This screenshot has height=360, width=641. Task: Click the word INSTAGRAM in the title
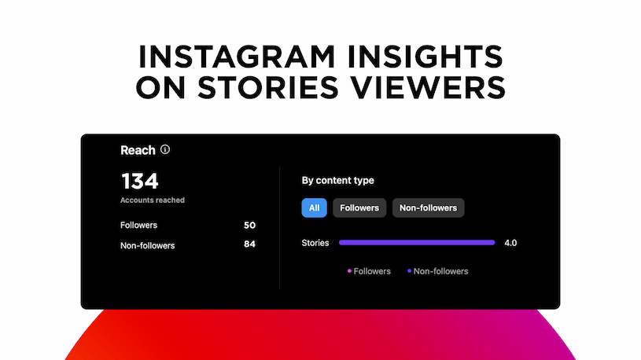(x=237, y=57)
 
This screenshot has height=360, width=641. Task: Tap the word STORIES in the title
(x=268, y=87)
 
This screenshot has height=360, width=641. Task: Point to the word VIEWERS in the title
(x=429, y=87)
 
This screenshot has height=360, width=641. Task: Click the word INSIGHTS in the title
(x=425, y=57)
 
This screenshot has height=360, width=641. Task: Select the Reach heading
(x=138, y=150)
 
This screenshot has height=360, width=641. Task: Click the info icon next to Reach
(x=164, y=149)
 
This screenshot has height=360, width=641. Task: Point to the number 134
(x=140, y=181)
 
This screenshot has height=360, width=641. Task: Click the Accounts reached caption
(x=153, y=200)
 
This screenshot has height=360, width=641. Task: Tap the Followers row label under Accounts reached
(x=138, y=225)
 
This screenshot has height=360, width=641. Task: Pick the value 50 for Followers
(x=249, y=225)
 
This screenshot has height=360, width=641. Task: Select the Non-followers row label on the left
(x=148, y=245)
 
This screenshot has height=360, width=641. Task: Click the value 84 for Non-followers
(x=249, y=244)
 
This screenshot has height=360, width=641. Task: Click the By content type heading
(x=337, y=181)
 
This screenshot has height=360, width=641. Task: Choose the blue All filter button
(x=314, y=208)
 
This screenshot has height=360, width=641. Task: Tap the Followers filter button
(x=359, y=208)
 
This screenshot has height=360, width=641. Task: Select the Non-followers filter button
(x=428, y=208)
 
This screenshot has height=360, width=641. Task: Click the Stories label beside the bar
(x=315, y=243)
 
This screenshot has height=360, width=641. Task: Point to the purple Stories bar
(x=417, y=243)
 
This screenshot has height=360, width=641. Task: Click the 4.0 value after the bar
(x=510, y=243)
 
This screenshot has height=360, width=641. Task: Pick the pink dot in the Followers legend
(x=349, y=271)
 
